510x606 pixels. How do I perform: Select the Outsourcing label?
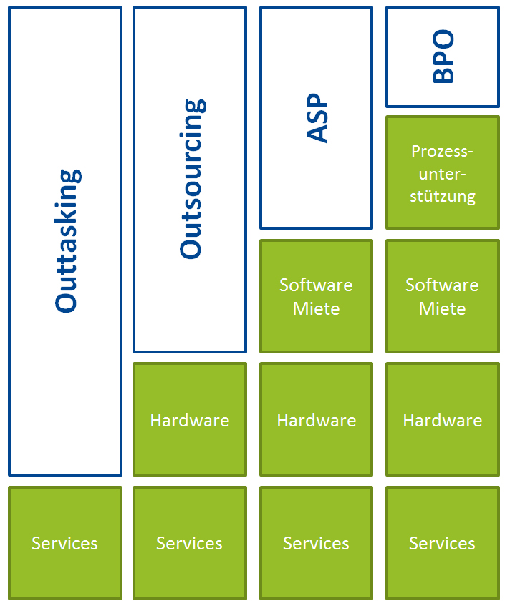click(191, 179)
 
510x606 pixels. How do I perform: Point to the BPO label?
click(443, 57)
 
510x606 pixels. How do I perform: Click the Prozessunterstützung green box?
click(443, 173)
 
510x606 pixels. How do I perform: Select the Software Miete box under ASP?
click(316, 296)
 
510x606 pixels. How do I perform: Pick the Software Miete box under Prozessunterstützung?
click(443, 296)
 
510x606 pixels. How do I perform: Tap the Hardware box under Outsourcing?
click(190, 419)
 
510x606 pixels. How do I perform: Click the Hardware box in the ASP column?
click(316, 419)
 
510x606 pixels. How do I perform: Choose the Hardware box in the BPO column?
click(443, 419)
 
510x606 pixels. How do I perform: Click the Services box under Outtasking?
click(65, 543)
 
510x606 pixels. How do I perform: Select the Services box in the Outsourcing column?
click(190, 543)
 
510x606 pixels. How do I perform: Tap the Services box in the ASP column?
click(316, 543)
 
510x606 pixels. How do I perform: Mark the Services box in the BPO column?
click(443, 543)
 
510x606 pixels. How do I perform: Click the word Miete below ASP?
click(316, 309)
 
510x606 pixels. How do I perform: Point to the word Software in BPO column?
click(442, 285)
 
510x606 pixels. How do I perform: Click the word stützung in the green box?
click(443, 196)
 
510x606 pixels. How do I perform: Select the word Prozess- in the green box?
click(443, 152)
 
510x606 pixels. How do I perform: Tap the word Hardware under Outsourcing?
click(190, 420)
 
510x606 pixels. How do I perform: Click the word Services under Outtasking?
click(65, 544)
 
